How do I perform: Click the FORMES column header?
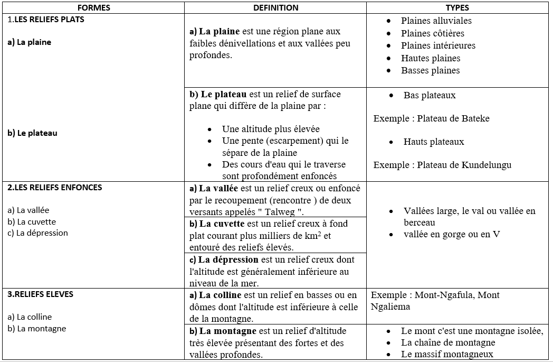93,7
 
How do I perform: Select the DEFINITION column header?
275,7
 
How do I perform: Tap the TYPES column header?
457,7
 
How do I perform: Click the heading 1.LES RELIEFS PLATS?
46,20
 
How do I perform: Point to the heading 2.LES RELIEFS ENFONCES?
55,188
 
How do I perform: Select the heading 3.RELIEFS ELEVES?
41,294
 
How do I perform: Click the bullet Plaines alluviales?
436,21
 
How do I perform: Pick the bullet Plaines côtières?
433,33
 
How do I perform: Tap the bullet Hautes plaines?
431,58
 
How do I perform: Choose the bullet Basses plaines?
430,70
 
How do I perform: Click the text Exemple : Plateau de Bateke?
431,118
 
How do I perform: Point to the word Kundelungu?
487,165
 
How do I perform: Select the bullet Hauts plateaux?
434,142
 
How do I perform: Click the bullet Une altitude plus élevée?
271,129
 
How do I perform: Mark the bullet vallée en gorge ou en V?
451,234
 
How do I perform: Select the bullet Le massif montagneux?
447,354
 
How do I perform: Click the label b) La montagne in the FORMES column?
37,329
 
